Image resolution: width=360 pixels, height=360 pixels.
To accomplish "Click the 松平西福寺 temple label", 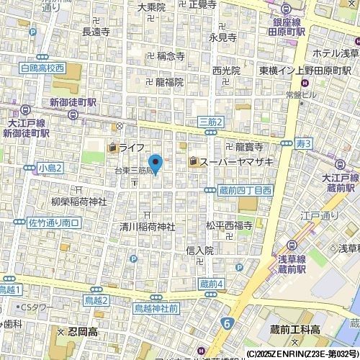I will pos(228,225).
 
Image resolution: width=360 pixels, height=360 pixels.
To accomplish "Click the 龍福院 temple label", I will pos(169,82).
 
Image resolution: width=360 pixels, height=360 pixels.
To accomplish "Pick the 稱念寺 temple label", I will pos(171,55).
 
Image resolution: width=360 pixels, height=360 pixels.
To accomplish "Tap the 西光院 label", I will pos(226,71).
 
